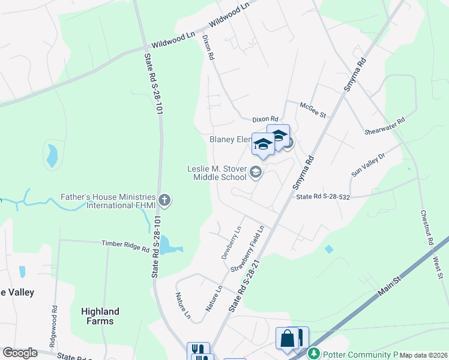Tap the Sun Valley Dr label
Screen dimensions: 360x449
point(376,164)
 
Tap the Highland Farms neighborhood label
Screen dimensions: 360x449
point(100,316)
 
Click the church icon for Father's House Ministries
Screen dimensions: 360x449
point(164,199)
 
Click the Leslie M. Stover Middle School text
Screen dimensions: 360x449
point(217,173)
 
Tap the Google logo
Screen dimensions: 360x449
point(20,353)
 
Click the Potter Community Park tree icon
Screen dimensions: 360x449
point(313,353)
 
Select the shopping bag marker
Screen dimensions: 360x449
point(288,338)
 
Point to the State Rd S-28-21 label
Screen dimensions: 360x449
point(244,284)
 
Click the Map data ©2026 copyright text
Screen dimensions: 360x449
point(423,355)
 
